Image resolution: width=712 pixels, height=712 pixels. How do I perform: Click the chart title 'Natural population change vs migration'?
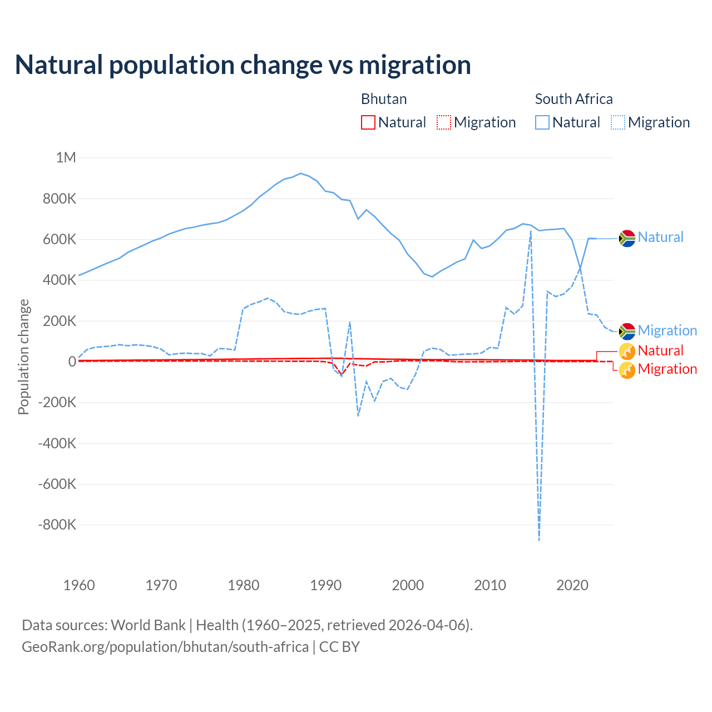point(243,65)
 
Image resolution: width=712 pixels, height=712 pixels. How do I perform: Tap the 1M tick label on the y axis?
point(66,157)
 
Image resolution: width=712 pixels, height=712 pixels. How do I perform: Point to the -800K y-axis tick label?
point(57,525)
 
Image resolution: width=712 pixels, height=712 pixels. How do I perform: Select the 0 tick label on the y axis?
point(72,362)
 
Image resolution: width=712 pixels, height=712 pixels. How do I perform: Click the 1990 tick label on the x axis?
point(326,585)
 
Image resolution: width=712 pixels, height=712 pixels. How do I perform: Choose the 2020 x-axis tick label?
point(572,585)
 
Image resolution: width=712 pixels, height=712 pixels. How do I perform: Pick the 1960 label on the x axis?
point(79,585)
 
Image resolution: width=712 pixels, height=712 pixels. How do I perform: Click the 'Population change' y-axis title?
point(23,357)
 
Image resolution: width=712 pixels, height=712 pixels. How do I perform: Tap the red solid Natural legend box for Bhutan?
point(368,122)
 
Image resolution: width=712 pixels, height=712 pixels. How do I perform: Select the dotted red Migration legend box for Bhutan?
point(444,122)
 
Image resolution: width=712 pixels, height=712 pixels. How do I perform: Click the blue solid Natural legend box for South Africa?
point(542,122)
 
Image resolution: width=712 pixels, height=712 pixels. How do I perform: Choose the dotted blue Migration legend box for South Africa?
point(618,122)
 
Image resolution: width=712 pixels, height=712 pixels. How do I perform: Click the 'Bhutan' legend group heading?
point(384,99)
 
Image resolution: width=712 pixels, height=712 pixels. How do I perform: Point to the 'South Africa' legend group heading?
point(573,99)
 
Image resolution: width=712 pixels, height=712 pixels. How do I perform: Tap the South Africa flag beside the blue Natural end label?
point(627,238)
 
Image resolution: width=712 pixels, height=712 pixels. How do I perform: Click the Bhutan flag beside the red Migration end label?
point(627,370)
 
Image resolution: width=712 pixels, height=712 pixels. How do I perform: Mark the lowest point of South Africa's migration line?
point(539,540)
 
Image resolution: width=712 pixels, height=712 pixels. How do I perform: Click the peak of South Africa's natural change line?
point(301,174)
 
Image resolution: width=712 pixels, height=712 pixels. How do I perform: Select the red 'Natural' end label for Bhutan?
point(660,350)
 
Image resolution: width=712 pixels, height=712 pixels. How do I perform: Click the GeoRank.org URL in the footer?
point(165,647)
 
